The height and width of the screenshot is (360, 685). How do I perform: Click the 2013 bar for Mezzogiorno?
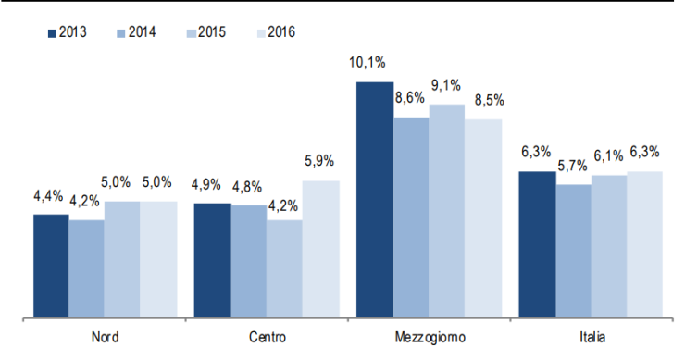pyautogui.click(x=375, y=200)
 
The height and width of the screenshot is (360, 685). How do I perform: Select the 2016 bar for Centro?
pyautogui.click(x=320, y=249)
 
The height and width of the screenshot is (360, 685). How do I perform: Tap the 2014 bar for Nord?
pyautogui.click(x=87, y=268)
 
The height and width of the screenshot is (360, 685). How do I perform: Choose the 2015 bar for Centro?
pyautogui.click(x=285, y=268)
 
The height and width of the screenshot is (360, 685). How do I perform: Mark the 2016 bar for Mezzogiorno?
pyautogui.click(x=483, y=218)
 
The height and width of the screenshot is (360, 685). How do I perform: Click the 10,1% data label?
pyautogui.click(x=367, y=63)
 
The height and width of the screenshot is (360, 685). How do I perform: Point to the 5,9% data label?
pyautogui.click(x=320, y=162)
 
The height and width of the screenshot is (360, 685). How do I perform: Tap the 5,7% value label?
pyautogui.click(x=573, y=166)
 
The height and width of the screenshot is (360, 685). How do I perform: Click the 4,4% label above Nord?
pyautogui.click(x=48, y=195)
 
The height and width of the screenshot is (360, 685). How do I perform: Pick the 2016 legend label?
pyautogui.click(x=279, y=32)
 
